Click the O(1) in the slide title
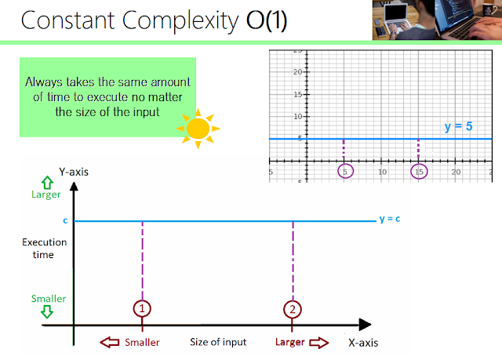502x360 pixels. pos(262,20)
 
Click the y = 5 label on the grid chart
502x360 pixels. pos(458,125)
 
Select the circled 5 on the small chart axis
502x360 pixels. pos(344,171)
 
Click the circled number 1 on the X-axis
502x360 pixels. pos(142,309)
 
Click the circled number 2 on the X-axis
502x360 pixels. pos(293,309)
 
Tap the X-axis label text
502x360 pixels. pos(368,342)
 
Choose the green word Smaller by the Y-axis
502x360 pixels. pos(25,298)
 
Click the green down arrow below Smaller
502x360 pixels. pos(25,312)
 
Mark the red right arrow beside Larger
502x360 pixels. pos(322,342)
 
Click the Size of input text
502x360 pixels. pos(218,342)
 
